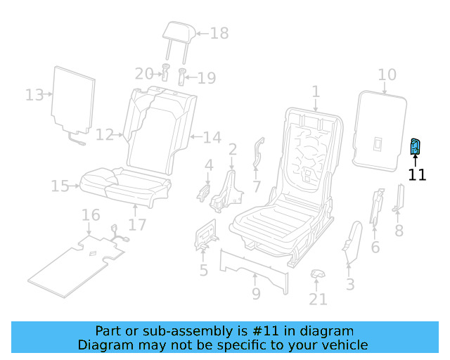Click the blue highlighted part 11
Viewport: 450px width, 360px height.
click(x=415, y=147)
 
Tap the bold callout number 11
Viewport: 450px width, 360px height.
click(x=417, y=174)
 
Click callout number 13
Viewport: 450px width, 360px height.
click(x=34, y=94)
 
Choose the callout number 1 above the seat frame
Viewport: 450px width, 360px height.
click(x=316, y=91)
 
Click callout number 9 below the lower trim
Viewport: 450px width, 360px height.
click(x=256, y=293)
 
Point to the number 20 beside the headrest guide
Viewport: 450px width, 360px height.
click(x=144, y=73)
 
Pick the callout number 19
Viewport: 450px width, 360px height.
click(x=206, y=77)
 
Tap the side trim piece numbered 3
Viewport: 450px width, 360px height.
click(x=349, y=239)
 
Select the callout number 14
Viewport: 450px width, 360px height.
click(x=212, y=136)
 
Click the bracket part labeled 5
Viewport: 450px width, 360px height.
click(x=204, y=236)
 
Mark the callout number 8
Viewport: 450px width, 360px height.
click(x=399, y=231)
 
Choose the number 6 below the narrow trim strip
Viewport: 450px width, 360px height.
click(x=375, y=247)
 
